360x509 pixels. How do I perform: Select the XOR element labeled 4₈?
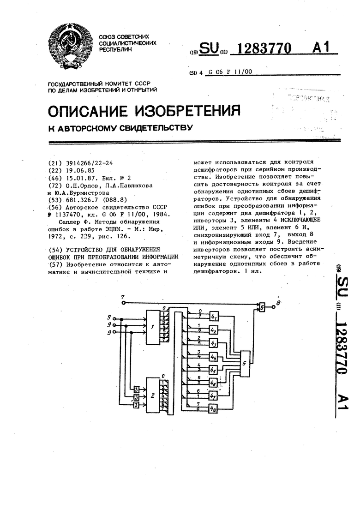point(213,408)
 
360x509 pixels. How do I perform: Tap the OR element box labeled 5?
point(245,363)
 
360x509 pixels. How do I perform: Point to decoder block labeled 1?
point(152,327)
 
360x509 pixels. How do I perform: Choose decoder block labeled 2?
point(152,395)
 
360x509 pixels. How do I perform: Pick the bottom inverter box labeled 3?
point(137,405)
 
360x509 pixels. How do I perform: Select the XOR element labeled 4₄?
point(213,357)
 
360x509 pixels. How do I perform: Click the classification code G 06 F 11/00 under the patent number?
point(231,72)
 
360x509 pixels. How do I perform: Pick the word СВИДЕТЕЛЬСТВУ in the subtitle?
point(154,127)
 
